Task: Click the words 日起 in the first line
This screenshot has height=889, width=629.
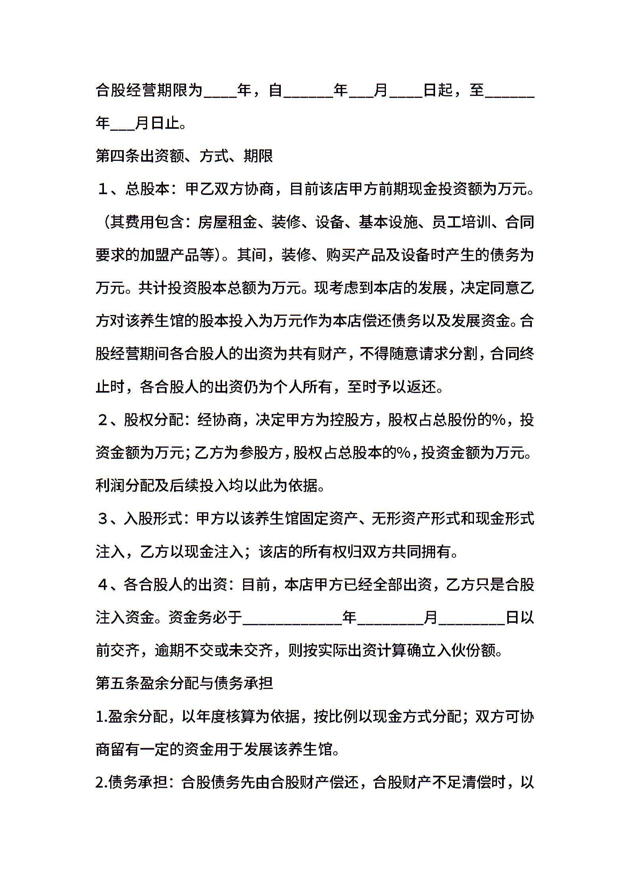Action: [x=438, y=90]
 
